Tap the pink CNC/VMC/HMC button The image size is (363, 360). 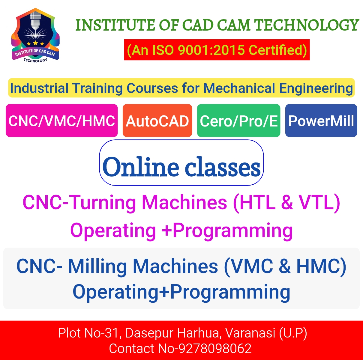61,120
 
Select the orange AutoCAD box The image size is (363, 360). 157,120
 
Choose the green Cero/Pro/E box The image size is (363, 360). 239,120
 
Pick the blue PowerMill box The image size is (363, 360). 321,120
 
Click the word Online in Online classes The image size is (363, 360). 140,167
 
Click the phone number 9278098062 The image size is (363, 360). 215,348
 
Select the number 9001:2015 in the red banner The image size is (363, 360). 211,50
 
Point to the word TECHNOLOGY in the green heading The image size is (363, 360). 306,25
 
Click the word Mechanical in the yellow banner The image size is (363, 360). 239,88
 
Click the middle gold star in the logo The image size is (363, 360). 35,43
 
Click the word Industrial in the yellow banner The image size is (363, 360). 39,88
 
